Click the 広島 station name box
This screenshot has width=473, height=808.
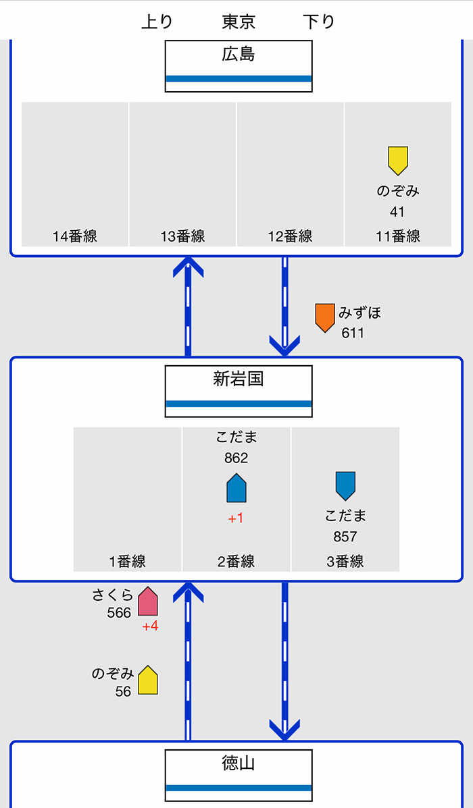tap(239, 66)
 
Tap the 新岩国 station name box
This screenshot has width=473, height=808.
tap(239, 391)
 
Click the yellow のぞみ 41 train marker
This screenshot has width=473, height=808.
tap(398, 160)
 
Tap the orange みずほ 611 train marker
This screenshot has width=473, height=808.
tap(325, 318)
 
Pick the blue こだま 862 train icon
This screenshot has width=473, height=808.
tap(236, 488)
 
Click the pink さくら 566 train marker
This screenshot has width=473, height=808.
tap(147, 601)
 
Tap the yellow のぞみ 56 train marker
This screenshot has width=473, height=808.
tap(147, 680)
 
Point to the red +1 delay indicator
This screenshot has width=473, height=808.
tap(236, 518)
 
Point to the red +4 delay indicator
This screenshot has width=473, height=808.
tap(150, 626)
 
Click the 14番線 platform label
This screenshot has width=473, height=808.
tap(75, 236)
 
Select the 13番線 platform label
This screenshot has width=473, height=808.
tap(182, 236)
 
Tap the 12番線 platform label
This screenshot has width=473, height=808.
tap(290, 236)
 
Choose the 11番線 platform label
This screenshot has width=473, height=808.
tap(398, 236)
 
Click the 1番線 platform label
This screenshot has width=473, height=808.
tap(128, 561)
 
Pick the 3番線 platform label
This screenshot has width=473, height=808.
tap(345, 561)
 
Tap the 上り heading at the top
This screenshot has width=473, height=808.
tap(157, 22)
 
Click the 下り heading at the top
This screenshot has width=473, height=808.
tap(319, 22)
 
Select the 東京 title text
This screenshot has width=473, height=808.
tap(239, 22)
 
